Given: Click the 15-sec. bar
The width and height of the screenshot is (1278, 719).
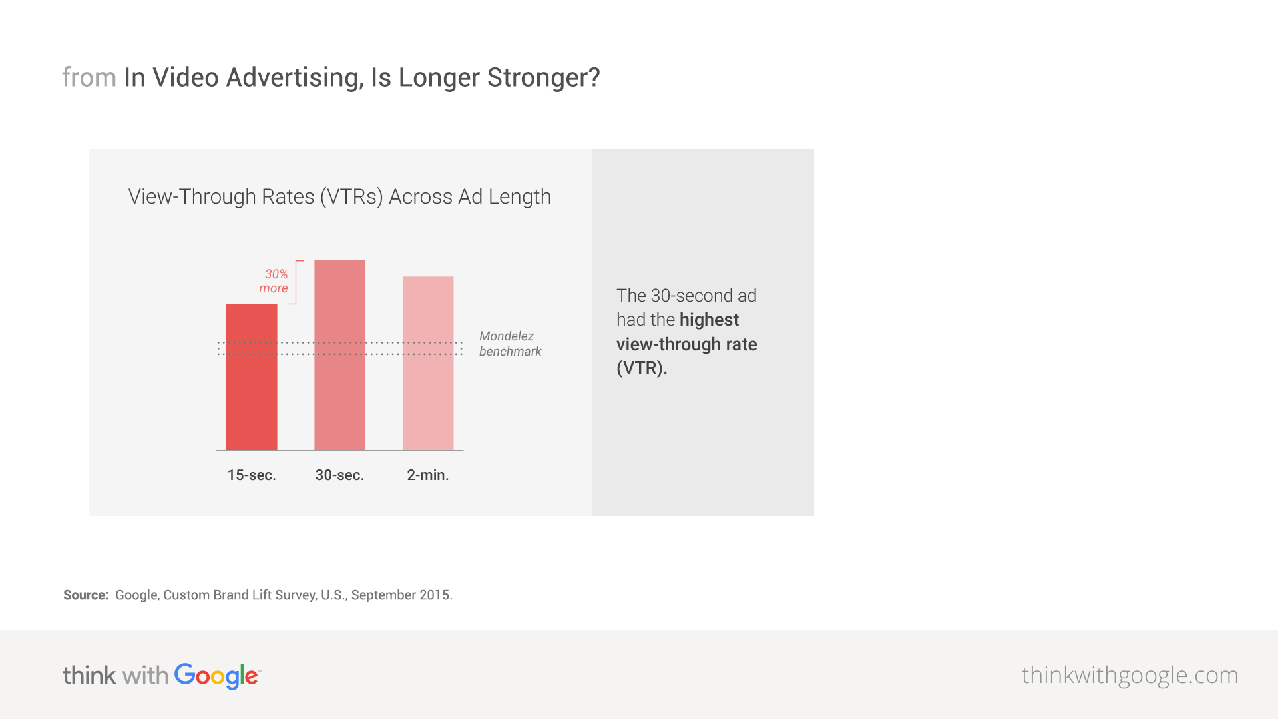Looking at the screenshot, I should pyautogui.click(x=252, y=377).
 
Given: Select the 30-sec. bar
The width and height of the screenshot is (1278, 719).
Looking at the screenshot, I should pyautogui.click(x=339, y=356).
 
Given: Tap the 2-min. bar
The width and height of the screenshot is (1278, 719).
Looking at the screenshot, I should pyautogui.click(x=428, y=363).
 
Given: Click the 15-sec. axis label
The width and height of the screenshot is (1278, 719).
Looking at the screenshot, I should pyautogui.click(x=252, y=475).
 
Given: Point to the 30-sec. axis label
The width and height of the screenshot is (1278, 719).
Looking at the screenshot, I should pyautogui.click(x=339, y=475).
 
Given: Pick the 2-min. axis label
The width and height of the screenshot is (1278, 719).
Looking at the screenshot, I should pyautogui.click(x=428, y=475).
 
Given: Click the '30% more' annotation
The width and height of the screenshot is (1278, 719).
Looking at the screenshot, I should pyautogui.click(x=274, y=281).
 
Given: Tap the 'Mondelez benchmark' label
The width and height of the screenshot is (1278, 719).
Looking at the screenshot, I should pyautogui.click(x=510, y=344).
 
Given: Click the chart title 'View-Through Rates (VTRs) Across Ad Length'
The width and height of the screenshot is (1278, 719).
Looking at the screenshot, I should pyautogui.click(x=339, y=197).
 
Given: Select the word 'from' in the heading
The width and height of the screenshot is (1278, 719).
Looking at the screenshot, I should pyautogui.click(x=89, y=78).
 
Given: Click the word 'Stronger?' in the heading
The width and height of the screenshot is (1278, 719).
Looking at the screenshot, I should pyautogui.click(x=543, y=78).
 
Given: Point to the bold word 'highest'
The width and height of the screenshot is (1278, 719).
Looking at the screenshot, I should pyautogui.click(x=709, y=320).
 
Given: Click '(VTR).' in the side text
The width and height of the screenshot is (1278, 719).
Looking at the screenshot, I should pyautogui.click(x=642, y=368).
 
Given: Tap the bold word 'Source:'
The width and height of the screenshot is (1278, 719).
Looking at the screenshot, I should pyautogui.click(x=86, y=595).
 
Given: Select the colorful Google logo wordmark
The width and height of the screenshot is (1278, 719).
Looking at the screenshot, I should pyautogui.click(x=217, y=676).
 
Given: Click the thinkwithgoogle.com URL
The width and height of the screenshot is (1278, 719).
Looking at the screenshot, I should pyautogui.click(x=1130, y=675).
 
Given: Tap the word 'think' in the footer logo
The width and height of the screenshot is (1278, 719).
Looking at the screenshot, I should pyautogui.click(x=89, y=676).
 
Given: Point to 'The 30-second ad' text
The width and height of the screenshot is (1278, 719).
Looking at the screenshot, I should pyautogui.click(x=686, y=296).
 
